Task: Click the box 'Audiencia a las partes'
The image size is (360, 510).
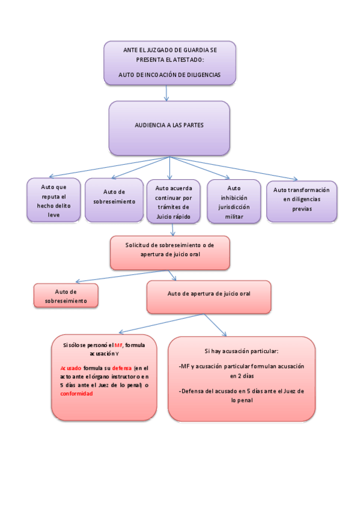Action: pyautogui.click(x=169, y=127)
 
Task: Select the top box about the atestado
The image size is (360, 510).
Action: pyautogui.click(x=169, y=63)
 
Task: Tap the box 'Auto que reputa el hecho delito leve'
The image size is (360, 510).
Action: pyautogui.click(x=53, y=200)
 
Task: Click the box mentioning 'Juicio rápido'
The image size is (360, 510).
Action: pyautogui.click(x=173, y=201)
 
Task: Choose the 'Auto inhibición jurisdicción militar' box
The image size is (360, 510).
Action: pyautogui.click(x=234, y=201)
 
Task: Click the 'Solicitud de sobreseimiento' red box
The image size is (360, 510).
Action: pyautogui.click(x=169, y=252)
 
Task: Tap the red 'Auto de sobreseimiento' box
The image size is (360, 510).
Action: pyautogui.click(x=66, y=295)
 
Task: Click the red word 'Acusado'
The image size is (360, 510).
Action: pyautogui.click(x=71, y=367)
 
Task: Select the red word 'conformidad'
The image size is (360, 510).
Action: pyautogui.click(x=76, y=393)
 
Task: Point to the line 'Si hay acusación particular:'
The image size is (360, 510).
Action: pyautogui.click(x=241, y=351)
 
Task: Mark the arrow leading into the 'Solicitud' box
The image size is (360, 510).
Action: pyautogui.click(x=172, y=229)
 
